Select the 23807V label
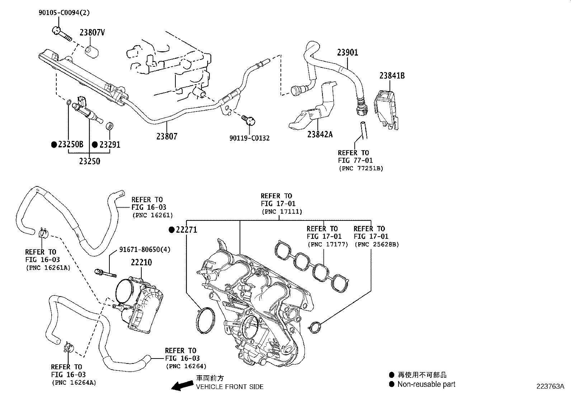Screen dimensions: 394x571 [92, 33]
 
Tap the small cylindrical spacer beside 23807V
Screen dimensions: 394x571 [92, 51]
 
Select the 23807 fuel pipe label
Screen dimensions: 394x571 [166, 136]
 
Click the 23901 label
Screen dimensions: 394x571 [347, 52]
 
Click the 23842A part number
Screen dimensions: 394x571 [320, 134]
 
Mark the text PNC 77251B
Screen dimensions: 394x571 [360, 168]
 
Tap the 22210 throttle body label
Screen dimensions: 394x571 [141, 262]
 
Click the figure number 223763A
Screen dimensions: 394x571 [550, 386]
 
